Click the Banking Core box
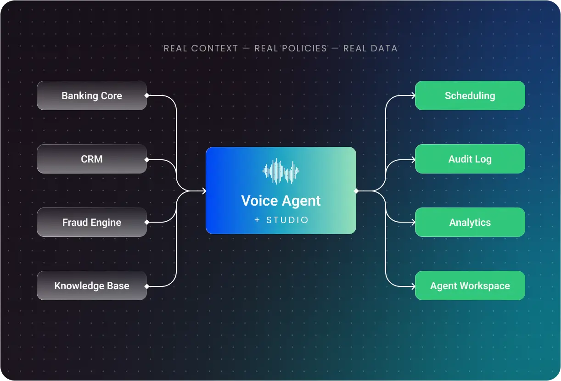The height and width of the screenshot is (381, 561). pyautogui.click(x=92, y=95)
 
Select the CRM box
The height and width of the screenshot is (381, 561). pyautogui.click(x=92, y=159)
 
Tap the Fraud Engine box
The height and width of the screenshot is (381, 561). pyautogui.click(x=92, y=222)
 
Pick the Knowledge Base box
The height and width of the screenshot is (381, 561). pyautogui.click(x=92, y=286)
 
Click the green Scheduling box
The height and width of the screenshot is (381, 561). pyautogui.click(x=470, y=95)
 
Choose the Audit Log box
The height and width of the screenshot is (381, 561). pyautogui.click(x=470, y=159)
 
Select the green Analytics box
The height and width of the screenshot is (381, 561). pyautogui.click(x=470, y=222)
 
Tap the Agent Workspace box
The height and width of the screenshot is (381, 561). pyautogui.click(x=470, y=286)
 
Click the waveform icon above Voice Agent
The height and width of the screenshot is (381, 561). pyautogui.click(x=280, y=171)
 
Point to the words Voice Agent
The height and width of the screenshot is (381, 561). pyautogui.click(x=280, y=201)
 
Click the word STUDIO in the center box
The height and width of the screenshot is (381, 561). pyautogui.click(x=287, y=220)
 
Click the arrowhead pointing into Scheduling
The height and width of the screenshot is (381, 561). pyautogui.click(x=413, y=95)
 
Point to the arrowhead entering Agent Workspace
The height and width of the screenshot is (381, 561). pyautogui.click(x=413, y=286)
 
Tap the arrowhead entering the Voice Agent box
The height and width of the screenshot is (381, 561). pyautogui.click(x=204, y=190)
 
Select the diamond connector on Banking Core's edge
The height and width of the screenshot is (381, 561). pyautogui.click(x=147, y=95)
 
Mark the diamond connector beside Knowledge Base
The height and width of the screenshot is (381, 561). pyautogui.click(x=147, y=286)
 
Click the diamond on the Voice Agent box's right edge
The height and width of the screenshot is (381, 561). pyautogui.click(x=356, y=190)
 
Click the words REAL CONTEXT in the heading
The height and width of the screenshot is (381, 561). pyautogui.click(x=201, y=48)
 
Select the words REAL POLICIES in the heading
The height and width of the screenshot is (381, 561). pyautogui.click(x=291, y=48)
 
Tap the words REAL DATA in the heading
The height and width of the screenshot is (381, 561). pyautogui.click(x=370, y=48)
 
